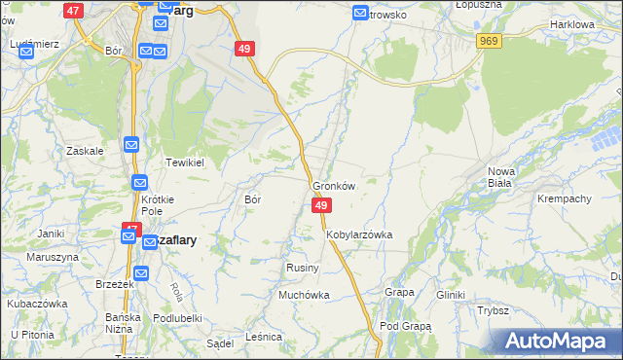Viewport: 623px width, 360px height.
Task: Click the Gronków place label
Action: point(333,186)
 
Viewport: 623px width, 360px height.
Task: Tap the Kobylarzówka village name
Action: point(359,234)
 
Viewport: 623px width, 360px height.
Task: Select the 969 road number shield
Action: point(490,40)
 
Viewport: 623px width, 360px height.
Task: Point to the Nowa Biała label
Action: point(501,177)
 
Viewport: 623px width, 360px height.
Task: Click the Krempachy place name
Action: point(565,198)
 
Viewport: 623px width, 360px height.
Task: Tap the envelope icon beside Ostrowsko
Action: point(361,14)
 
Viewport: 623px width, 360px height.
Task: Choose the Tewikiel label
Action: point(184,162)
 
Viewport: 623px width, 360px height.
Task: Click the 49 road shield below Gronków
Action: point(322,205)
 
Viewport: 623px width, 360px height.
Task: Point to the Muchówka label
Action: point(304,294)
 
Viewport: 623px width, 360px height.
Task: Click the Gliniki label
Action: point(452,294)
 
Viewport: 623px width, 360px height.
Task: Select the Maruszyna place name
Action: point(53,257)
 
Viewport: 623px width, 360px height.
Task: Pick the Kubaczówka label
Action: point(36,303)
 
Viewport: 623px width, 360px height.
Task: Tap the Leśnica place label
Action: point(264,336)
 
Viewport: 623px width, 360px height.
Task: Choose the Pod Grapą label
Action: point(405,326)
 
